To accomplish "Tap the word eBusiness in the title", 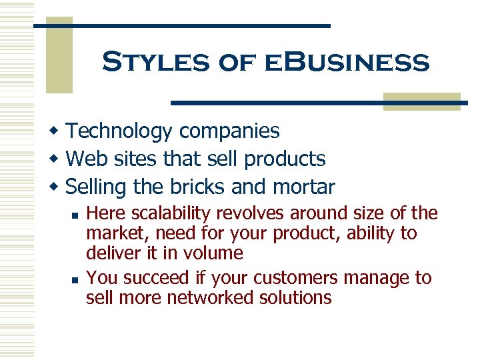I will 347,63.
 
